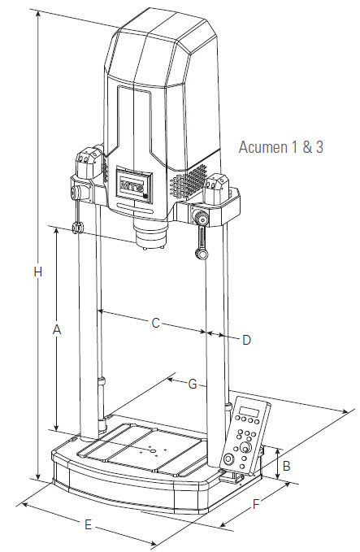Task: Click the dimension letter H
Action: point(38,272)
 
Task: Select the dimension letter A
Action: point(57,330)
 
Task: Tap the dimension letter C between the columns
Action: point(155,323)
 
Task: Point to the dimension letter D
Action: point(247,340)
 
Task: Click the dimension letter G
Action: point(193,384)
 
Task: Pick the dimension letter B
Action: point(286,466)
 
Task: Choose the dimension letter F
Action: point(256,505)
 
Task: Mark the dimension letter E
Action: point(88,525)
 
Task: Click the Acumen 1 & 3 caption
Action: point(281,147)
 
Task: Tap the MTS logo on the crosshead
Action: point(130,185)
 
